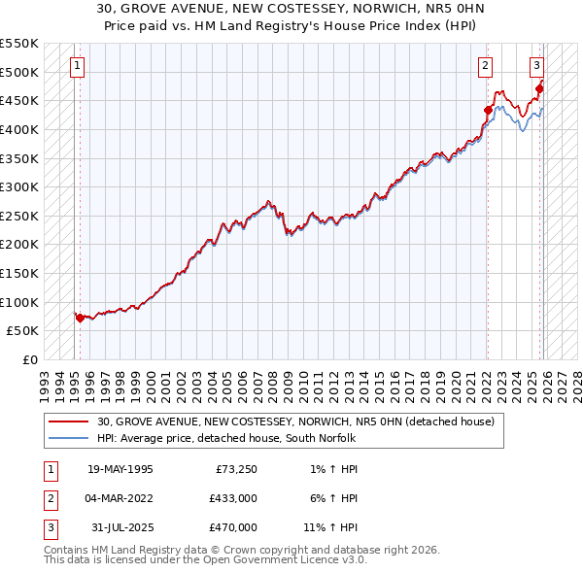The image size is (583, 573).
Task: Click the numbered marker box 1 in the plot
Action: (77, 66)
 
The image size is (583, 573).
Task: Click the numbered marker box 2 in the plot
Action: (485, 66)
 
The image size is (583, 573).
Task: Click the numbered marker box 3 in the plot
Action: (536, 66)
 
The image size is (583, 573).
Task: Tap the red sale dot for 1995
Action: (80, 317)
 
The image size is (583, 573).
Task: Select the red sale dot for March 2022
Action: (487, 110)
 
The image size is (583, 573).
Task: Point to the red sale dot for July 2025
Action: (539, 89)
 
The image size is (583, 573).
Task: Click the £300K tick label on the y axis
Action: (20, 186)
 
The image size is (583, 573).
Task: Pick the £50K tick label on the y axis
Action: (23, 330)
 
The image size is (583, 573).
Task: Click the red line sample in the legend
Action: (69, 421)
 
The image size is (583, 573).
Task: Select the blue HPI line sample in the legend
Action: (69, 438)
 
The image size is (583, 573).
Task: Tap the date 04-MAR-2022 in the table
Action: (120, 498)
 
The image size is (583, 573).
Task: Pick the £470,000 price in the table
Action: (232, 527)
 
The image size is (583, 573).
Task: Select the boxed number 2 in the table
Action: (49, 499)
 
